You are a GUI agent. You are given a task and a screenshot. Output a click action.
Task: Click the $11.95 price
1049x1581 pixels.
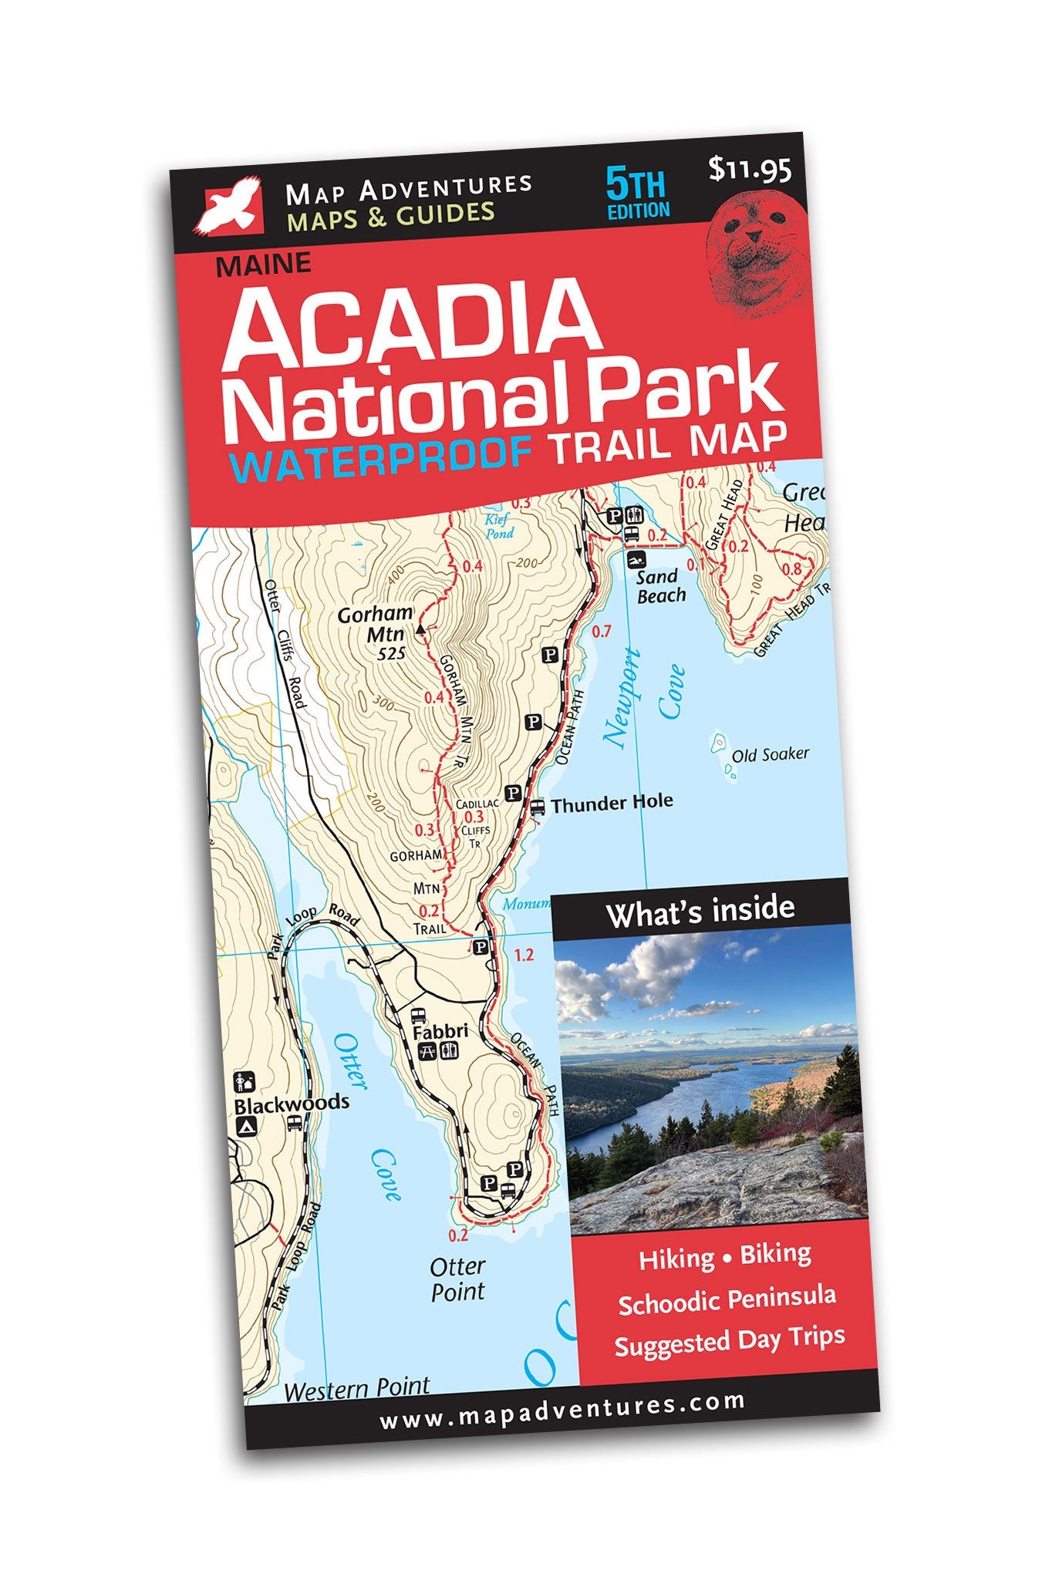pos(749,168)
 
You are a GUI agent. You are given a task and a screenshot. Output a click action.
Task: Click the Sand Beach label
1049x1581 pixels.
pos(660,586)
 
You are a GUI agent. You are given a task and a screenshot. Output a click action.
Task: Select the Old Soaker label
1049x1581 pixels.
pos(770,754)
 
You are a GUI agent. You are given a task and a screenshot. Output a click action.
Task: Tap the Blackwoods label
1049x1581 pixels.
pos(292,1103)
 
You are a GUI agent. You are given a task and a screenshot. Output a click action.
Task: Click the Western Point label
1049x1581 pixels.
pos(356,1388)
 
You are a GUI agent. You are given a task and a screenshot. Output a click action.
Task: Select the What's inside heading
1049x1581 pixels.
pos(700,912)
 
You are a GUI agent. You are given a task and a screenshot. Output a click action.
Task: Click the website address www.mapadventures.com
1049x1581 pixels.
pos(562,1414)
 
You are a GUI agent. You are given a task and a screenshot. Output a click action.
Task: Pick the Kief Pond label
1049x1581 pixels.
pos(498,526)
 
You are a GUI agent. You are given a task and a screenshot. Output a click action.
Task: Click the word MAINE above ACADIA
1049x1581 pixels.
pos(264,265)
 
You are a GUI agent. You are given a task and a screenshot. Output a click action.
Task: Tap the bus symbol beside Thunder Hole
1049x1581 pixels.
pos(538,807)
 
